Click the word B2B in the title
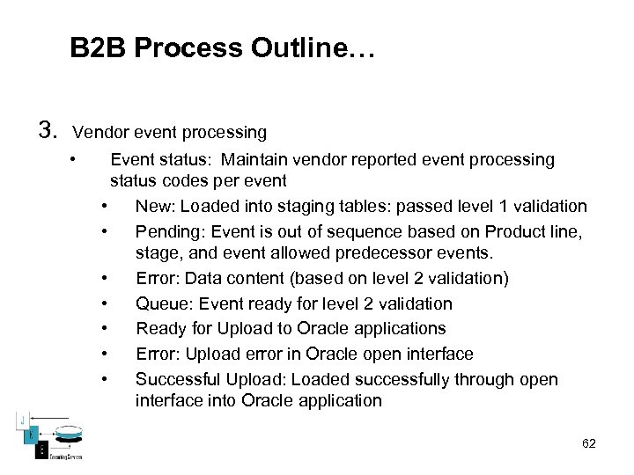pyautogui.click(x=98, y=47)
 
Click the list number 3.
pyautogui.click(x=48, y=131)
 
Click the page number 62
pyautogui.click(x=589, y=443)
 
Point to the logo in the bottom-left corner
pyautogui.click(x=44, y=435)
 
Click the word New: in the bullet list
pyautogui.click(x=155, y=207)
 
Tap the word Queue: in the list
pyautogui.click(x=162, y=303)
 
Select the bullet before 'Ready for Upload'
pyautogui.click(x=105, y=328)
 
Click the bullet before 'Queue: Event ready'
pyautogui.click(x=105, y=303)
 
